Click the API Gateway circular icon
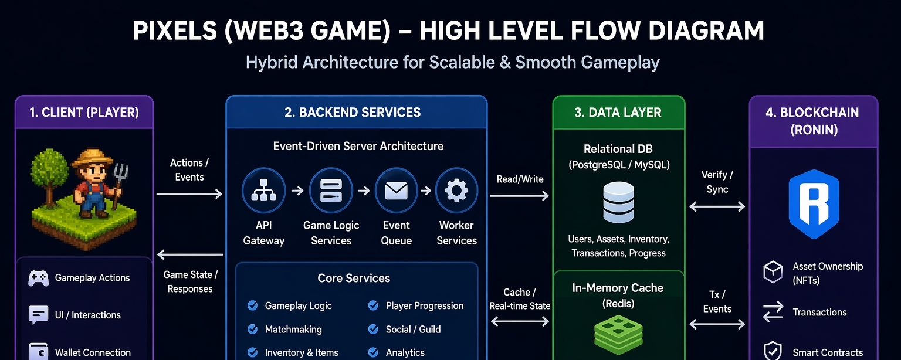(263, 190)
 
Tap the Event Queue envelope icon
(396, 190)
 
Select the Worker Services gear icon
(456, 190)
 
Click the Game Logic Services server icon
(331, 190)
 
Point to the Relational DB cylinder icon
(619, 202)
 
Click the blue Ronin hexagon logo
(814, 204)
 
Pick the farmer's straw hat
(92, 158)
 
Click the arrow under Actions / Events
(189, 194)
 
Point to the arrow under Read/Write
(520, 196)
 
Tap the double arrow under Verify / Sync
(717, 207)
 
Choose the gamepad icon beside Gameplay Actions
(38, 278)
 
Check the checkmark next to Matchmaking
(253, 330)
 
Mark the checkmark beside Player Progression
(373, 305)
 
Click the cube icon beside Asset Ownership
(773, 272)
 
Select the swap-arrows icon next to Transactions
(773, 312)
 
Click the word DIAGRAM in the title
(706, 31)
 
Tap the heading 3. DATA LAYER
(618, 112)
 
